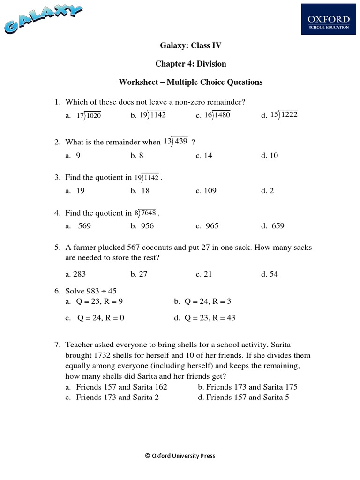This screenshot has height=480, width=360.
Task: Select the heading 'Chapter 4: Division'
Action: [190, 64]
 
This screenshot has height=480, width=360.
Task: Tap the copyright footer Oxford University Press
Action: [180, 455]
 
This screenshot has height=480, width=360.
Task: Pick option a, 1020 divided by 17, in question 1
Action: [84, 116]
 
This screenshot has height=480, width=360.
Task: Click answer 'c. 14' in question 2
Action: [204, 155]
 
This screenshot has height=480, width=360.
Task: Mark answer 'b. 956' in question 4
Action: [142, 226]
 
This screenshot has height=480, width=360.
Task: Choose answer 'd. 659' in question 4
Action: [273, 226]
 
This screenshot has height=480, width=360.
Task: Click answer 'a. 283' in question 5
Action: [75, 274]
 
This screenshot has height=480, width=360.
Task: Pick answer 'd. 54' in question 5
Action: [270, 274]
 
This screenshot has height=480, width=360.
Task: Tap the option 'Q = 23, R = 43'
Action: [204, 318]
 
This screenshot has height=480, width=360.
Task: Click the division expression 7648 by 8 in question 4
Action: [146, 213]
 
